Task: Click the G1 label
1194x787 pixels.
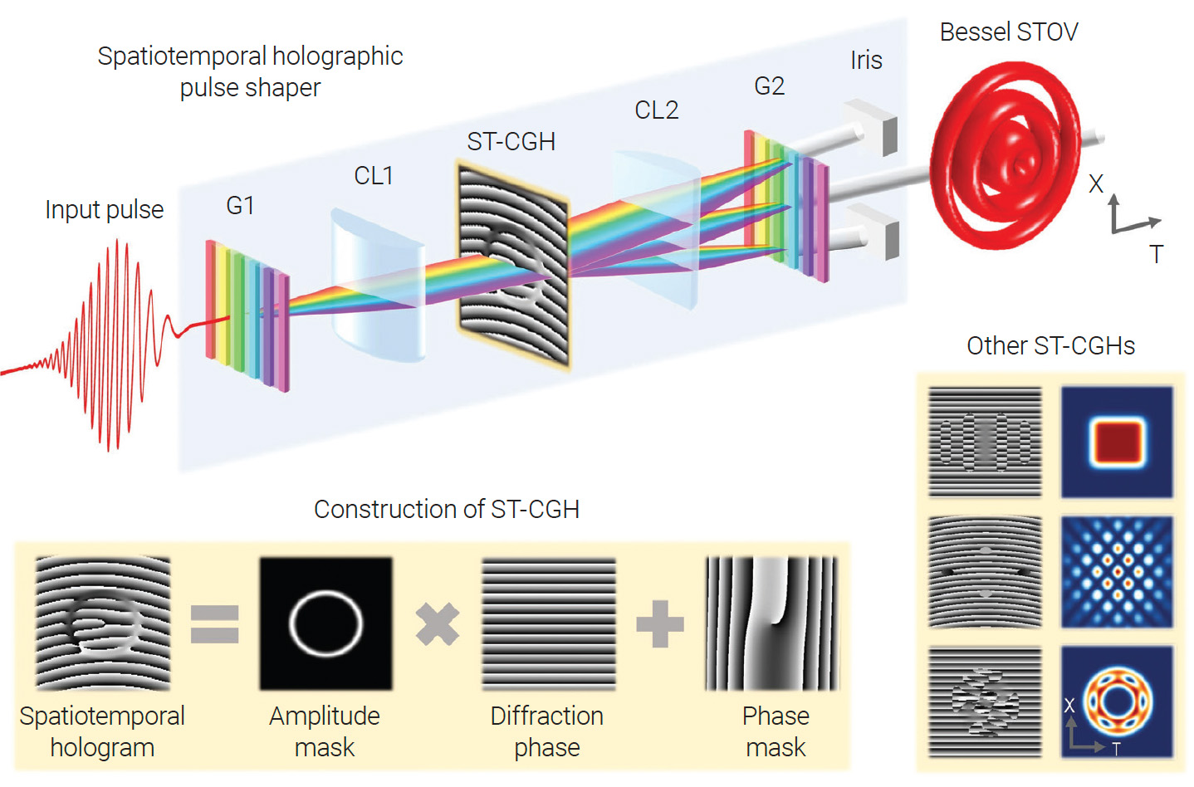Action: click(240, 205)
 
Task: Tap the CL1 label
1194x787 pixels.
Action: click(374, 175)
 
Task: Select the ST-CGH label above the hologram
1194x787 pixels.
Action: click(511, 142)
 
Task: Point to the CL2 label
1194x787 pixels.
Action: click(656, 110)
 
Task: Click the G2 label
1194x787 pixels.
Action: click(769, 86)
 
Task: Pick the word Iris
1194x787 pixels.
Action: click(866, 60)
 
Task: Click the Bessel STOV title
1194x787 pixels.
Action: click(1008, 32)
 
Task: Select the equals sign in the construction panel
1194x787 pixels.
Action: click(214, 624)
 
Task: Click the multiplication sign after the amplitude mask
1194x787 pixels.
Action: click(437, 624)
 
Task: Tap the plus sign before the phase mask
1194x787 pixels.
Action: click(660, 624)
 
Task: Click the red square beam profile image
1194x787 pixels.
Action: click(1117, 442)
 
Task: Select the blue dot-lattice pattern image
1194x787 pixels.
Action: click(1117, 572)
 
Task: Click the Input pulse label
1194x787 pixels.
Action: click(104, 209)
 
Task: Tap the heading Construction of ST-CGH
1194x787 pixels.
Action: click(446, 509)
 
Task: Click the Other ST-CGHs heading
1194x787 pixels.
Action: click(1050, 345)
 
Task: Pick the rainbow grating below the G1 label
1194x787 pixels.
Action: click(247, 315)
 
